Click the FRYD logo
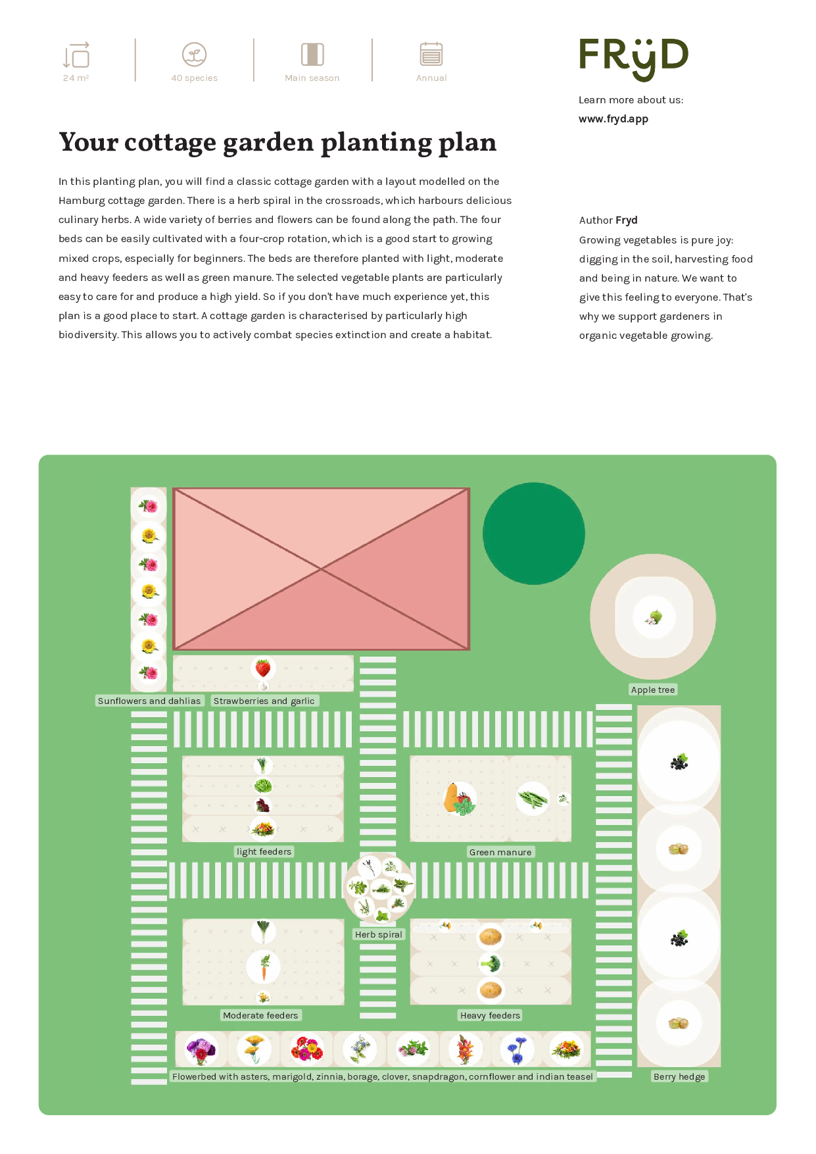(x=633, y=59)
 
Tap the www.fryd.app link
(x=613, y=119)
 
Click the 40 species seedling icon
(x=194, y=55)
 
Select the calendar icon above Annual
(x=431, y=54)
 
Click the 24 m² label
(x=76, y=78)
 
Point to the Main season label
(x=312, y=78)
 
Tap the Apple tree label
(x=653, y=690)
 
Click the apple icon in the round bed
(x=654, y=617)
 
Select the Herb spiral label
(x=379, y=934)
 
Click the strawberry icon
(x=263, y=668)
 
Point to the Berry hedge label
(x=679, y=1076)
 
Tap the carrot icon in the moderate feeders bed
(x=264, y=967)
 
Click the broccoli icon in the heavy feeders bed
(x=490, y=964)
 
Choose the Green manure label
(x=500, y=852)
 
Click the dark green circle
(x=534, y=534)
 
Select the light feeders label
(x=264, y=851)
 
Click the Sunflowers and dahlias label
(x=149, y=701)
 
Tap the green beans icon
(x=533, y=799)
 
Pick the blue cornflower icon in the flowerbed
(x=517, y=1049)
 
